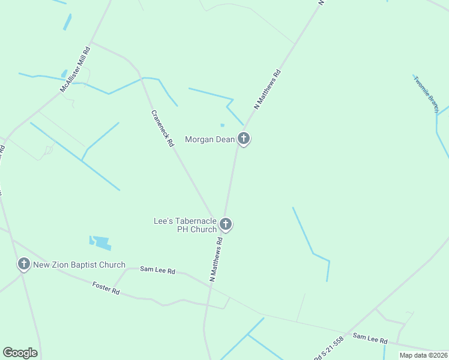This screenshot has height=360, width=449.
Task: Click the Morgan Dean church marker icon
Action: pyautogui.click(x=244, y=139)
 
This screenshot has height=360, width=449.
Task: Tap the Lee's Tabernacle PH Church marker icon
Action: pyautogui.click(x=226, y=225)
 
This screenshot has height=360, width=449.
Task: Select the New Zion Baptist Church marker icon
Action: pyautogui.click(x=24, y=264)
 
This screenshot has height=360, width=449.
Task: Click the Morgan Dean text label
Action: pyautogui.click(x=210, y=139)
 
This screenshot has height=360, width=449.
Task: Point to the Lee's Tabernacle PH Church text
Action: pyautogui.click(x=185, y=225)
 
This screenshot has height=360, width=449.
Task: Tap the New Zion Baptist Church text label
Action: pyautogui.click(x=79, y=265)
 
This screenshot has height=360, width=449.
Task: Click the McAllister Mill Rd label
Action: pyautogui.click(x=74, y=70)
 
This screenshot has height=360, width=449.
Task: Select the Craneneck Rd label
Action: pyautogui.click(x=162, y=128)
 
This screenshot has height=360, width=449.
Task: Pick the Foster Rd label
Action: pyautogui.click(x=106, y=288)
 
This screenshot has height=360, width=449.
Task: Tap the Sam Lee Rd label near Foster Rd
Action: pyautogui.click(x=157, y=271)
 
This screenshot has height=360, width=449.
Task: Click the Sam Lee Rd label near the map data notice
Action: pyautogui.click(x=370, y=338)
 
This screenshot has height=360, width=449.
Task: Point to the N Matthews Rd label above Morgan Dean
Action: pyautogui.click(x=267, y=89)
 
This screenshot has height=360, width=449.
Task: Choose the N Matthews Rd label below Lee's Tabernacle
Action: pyautogui.click(x=216, y=259)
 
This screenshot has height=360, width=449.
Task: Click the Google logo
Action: pyautogui.click(x=20, y=352)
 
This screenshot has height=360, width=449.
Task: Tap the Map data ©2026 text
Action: pyautogui.click(x=423, y=355)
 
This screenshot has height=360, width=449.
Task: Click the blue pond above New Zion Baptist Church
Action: pyautogui.click(x=101, y=243)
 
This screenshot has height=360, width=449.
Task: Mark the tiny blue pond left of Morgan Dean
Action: pyautogui.click(x=222, y=125)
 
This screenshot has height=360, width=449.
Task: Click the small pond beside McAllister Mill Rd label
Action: pyautogui.click(x=64, y=74)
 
